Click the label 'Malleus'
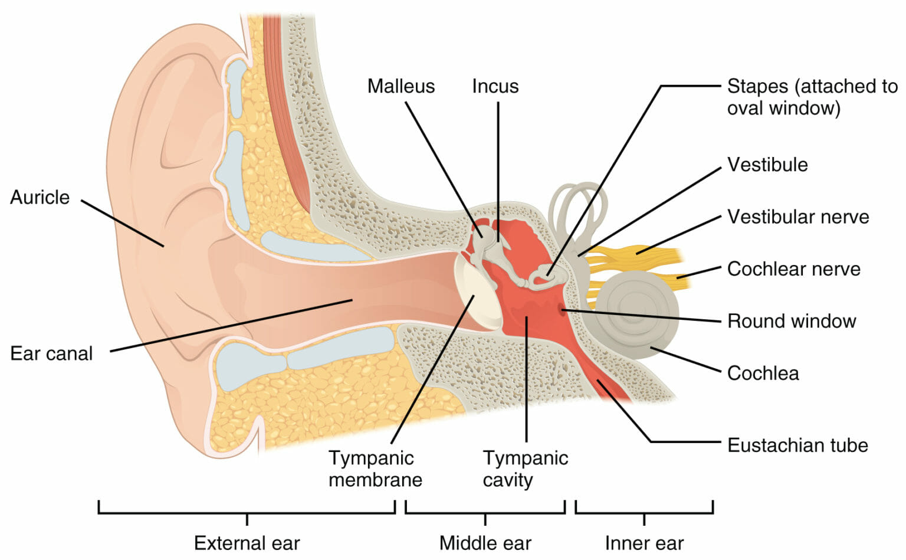point(401,86)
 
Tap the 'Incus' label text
point(495,86)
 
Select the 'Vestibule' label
point(767,165)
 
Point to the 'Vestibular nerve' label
point(797,217)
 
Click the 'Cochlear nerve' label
point(793,269)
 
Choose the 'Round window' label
point(791,321)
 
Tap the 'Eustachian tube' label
point(797,445)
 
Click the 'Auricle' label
point(40,197)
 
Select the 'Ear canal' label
point(51,353)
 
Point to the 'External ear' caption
point(247,543)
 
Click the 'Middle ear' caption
point(485,543)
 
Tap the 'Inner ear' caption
point(644,543)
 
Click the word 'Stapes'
point(757,86)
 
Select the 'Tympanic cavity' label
point(525,469)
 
